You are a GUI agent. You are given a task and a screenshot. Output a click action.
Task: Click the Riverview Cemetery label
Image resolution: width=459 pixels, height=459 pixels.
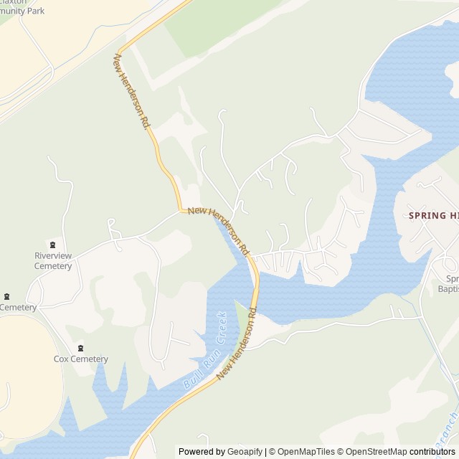tap(53, 261)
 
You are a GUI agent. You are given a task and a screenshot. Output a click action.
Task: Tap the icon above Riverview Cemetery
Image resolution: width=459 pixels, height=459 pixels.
tap(52, 245)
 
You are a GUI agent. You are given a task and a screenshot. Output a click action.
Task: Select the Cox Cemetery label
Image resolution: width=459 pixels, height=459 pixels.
tap(81, 359)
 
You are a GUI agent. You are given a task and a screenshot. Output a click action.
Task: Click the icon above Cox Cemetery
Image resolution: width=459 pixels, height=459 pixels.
tap(80, 348)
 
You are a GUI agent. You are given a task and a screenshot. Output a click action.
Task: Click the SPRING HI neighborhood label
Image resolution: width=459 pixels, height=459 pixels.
tap(432, 216)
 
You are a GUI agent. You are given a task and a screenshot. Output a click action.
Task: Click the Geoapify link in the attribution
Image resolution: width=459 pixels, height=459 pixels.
tap(245, 452)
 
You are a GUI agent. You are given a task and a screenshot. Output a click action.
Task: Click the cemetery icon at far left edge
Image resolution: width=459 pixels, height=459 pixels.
tap(7, 297)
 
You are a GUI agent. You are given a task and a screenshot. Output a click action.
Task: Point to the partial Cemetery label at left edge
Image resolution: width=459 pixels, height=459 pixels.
tap(18, 308)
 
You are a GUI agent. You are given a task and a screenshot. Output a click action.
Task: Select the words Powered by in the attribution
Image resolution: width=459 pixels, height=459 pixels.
tap(201, 452)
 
